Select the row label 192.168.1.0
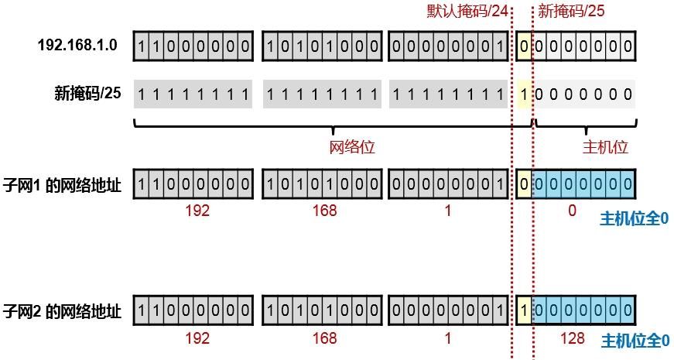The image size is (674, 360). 77,46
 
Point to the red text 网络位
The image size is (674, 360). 352,147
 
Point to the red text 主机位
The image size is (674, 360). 604,147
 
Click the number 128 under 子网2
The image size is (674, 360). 572,338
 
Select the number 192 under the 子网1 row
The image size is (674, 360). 197,211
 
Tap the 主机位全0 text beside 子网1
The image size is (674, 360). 635,219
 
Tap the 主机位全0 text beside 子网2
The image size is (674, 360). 635,341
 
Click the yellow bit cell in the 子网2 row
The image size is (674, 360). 525,311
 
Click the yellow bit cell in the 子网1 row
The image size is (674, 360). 525,186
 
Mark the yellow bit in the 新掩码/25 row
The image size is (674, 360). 525,94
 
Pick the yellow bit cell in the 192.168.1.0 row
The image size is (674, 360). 525,47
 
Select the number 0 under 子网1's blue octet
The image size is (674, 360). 572,211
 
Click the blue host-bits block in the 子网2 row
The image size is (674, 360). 583,311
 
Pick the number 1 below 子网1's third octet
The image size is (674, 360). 448,211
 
